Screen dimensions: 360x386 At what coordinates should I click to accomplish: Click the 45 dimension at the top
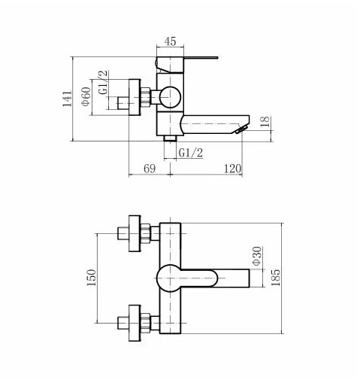[170, 41]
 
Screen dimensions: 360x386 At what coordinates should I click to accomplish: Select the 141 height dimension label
[67, 99]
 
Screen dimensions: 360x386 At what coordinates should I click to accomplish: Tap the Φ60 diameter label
[86, 96]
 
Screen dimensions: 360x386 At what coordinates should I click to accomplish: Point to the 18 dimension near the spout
[265, 121]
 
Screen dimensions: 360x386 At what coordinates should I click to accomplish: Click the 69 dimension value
[150, 169]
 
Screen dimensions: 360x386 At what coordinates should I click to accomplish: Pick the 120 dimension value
[232, 169]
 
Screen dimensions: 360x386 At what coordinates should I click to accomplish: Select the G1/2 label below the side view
[191, 153]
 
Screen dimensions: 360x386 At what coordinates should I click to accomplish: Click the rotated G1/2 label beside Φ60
[103, 82]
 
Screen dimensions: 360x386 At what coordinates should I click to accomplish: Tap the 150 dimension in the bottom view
[91, 278]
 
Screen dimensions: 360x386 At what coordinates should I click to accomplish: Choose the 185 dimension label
[276, 278]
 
